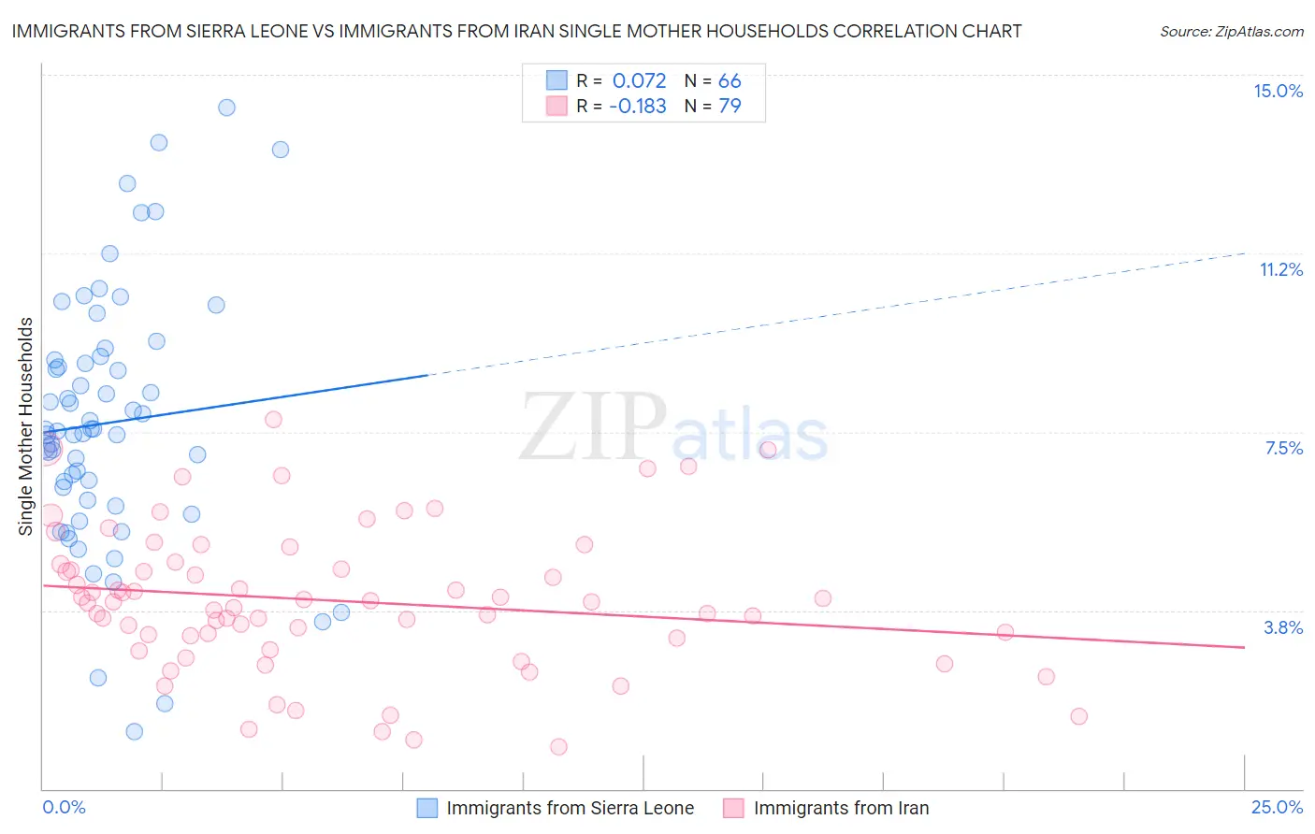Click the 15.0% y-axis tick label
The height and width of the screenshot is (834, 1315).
pyautogui.click(x=1278, y=91)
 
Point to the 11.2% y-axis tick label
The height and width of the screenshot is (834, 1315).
pyautogui.click(x=1280, y=269)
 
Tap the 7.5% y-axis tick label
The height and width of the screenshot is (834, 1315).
pyautogui.click(x=1283, y=448)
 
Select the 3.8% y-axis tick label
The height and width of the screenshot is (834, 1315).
pyautogui.click(x=1283, y=627)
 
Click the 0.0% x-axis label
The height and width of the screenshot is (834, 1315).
pyautogui.click(x=64, y=807)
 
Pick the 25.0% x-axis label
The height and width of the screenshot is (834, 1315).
pyautogui.click(x=1277, y=807)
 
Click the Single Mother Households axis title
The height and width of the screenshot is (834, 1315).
pyautogui.click(x=26, y=426)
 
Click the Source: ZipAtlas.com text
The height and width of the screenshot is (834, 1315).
pyautogui.click(x=1231, y=31)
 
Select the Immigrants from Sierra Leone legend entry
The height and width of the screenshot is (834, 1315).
pyautogui.click(x=556, y=808)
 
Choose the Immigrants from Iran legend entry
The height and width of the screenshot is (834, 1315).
pyautogui.click(x=826, y=808)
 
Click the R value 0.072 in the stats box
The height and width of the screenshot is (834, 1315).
pyautogui.click(x=639, y=80)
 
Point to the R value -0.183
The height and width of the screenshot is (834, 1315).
pyautogui.click(x=637, y=106)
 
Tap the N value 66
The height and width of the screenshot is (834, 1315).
pyautogui.click(x=730, y=80)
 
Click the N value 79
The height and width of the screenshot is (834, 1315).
pyautogui.click(x=730, y=106)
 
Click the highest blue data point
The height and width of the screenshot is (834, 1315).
pyautogui.click(x=226, y=108)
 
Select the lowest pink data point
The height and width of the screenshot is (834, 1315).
pyautogui.click(x=558, y=746)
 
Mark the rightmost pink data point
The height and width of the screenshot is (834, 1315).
pyautogui.click(x=1078, y=716)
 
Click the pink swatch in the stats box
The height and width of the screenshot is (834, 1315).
pyautogui.click(x=556, y=106)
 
